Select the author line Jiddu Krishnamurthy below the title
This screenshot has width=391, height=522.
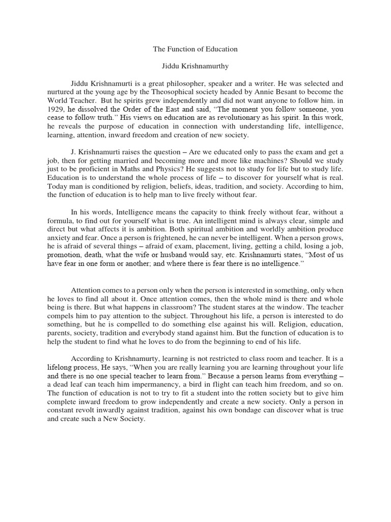195,67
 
